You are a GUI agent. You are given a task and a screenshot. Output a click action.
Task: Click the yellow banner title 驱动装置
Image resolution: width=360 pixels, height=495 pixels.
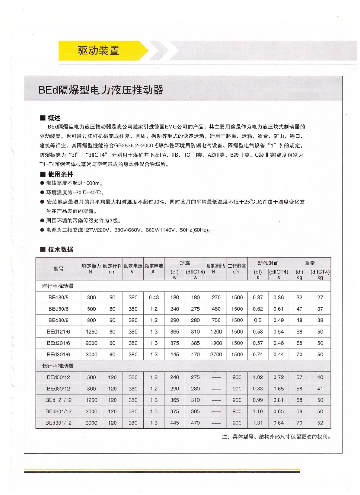pyautogui.click(x=98, y=50)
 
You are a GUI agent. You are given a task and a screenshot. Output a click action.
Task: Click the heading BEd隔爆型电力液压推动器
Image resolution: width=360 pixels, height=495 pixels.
pyautogui.click(x=101, y=90)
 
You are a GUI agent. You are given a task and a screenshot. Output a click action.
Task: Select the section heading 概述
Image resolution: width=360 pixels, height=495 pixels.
pyautogui.click(x=54, y=118)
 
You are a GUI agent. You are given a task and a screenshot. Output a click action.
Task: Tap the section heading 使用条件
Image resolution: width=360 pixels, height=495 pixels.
pyautogui.click(x=60, y=174)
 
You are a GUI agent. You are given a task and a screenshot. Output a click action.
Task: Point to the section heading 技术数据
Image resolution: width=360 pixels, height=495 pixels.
pyautogui.click(x=60, y=249)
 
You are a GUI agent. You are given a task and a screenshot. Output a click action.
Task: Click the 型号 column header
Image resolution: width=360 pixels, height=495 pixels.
pyautogui.click(x=58, y=269)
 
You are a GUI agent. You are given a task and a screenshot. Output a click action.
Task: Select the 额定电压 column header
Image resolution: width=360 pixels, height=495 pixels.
pyautogui.click(x=133, y=266)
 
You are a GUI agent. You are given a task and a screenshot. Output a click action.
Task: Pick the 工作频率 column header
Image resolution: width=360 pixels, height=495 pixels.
pyautogui.click(x=237, y=266)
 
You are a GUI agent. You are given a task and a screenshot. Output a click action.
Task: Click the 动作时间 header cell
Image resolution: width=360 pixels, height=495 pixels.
pyautogui.click(x=268, y=263)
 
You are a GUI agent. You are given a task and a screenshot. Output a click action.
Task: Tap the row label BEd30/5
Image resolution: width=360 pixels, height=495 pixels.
pyautogui.click(x=58, y=297)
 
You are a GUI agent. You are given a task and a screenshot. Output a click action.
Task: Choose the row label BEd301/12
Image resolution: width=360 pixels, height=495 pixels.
pyautogui.click(x=58, y=423)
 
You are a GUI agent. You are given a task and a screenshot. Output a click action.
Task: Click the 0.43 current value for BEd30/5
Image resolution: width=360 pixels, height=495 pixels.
pyautogui.click(x=154, y=297)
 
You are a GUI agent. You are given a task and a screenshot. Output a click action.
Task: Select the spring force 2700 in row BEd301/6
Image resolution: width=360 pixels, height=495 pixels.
pyautogui.click(x=216, y=354)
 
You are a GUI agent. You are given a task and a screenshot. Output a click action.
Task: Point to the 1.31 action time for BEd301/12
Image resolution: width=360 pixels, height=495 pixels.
pyautogui.click(x=258, y=423)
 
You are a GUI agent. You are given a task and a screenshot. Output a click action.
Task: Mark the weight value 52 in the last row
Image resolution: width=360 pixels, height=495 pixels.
pyautogui.click(x=320, y=423)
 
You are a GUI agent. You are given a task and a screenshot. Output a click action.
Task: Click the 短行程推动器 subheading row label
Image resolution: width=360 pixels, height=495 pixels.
pyautogui.click(x=58, y=286)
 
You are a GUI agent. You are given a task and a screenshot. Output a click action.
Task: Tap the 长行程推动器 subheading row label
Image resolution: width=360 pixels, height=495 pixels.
pyautogui.click(x=58, y=366)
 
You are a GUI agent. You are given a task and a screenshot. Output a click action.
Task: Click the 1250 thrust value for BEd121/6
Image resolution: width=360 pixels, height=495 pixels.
pyautogui.click(x=91, y=332)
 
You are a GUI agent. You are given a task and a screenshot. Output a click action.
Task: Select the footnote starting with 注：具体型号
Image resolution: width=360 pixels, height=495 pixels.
pyautogui.click(x=276, y=437)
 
